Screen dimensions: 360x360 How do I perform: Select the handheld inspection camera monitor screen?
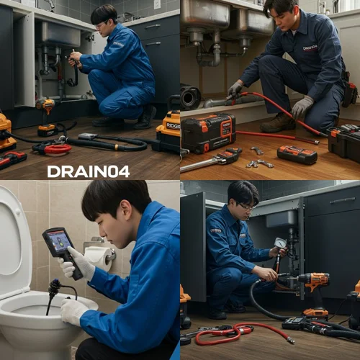coord(57,241)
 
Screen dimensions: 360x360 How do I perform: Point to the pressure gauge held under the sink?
coord(279,243)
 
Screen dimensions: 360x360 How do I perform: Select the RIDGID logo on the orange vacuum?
coord(173,125)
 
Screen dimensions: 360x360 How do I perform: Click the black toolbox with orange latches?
coord(207,132)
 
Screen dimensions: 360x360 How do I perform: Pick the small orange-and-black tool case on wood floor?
coord(297,154)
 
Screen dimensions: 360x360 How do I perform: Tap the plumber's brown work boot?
coord(278,123)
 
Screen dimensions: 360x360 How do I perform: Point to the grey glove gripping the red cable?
coord(302,107)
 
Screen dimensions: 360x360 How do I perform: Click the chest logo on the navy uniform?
coord(310,48)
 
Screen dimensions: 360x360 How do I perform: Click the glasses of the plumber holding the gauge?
coord(246,206)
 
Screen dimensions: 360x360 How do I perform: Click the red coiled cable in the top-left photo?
coord(56,149)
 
